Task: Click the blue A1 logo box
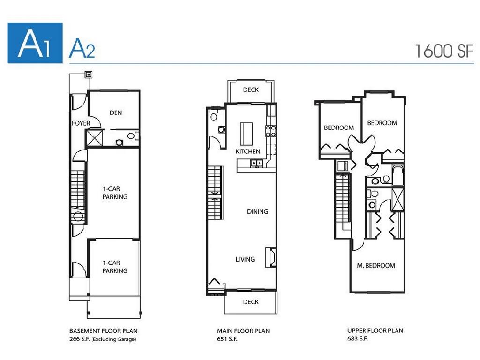35,43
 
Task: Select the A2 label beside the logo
82,49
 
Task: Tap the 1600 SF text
444,50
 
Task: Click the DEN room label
116,112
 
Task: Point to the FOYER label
81,123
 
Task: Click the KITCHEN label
247,151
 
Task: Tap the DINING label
257,211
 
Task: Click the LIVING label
245,259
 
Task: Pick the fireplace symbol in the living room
270,257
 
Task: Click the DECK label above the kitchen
251,90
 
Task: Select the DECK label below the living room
251,302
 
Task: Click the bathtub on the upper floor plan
397,175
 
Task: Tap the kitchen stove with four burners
270,131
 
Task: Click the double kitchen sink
256,163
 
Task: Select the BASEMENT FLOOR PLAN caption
103,331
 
